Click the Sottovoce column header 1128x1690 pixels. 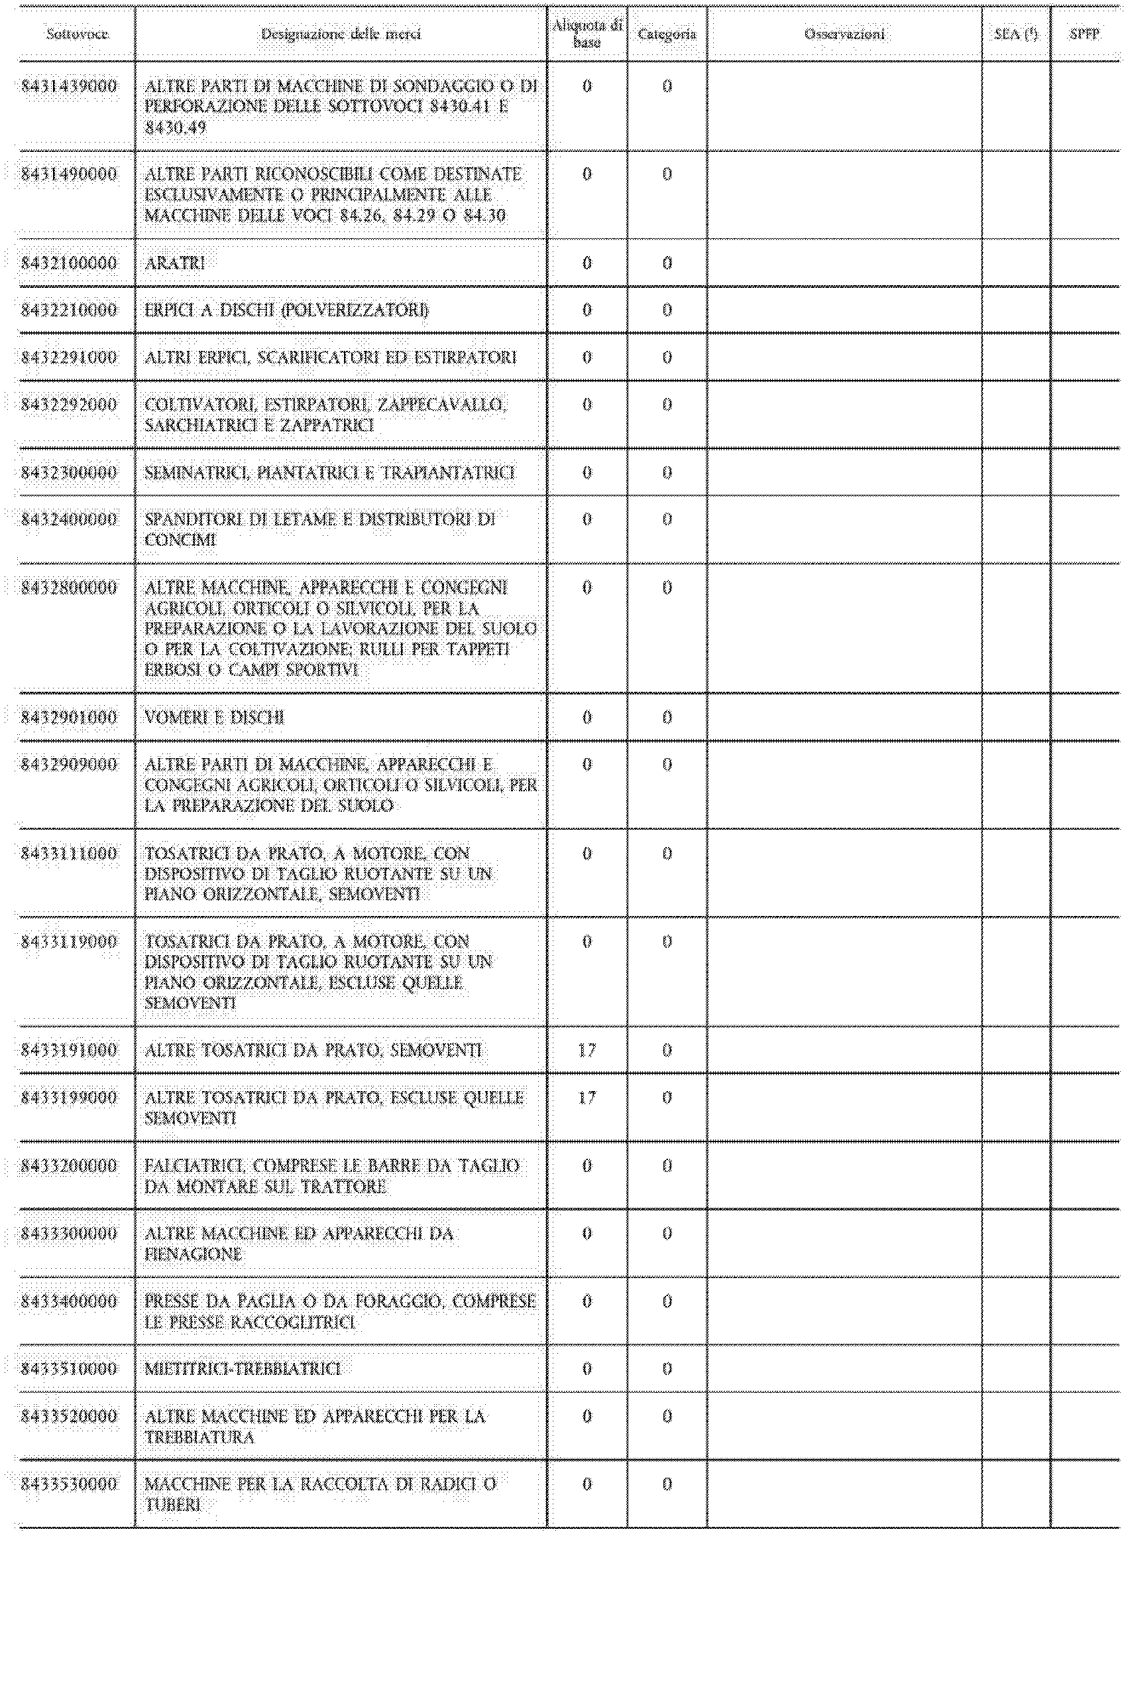click(x=77, y=34)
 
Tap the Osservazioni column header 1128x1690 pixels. click(x=844, y=34)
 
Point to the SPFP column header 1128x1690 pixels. click(x=1084, y=34)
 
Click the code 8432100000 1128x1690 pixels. click(x=69, y=263)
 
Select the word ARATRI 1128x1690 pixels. click(x=175, y=263)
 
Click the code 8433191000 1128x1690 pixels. click(x=69, y=1050)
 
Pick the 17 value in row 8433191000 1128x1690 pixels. click(x=587, y=1050)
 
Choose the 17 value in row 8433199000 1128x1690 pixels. click(x=587, y=1098)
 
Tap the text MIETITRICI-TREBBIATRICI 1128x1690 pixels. click(x=243, y=1368)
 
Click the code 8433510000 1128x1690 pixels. click(x=69, y=1368)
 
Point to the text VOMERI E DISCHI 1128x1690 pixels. click(x=214, y=718)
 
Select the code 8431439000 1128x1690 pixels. click(x=69, y=86)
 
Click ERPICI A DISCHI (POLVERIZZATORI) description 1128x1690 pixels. click(x=286, y=310)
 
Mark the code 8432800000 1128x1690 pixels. click(x=69, y=588)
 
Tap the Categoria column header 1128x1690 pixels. click(x=667, y=34)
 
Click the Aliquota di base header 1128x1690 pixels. click(x=587, y=34)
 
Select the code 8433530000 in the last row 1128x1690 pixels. click(x=69, y=1484)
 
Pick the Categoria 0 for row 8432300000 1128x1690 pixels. click(x=667, y=473)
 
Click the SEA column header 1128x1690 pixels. click(x=1016, y=34)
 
